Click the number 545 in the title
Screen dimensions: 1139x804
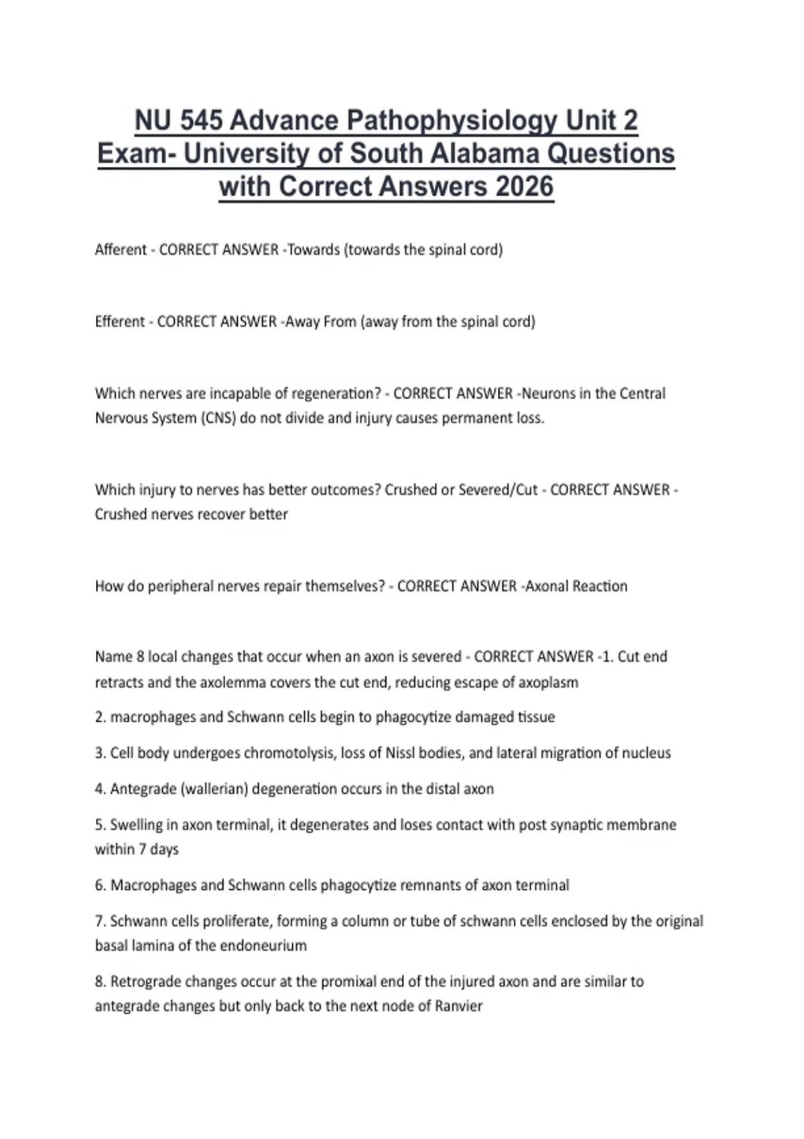201,121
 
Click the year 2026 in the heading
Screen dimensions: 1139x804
525,186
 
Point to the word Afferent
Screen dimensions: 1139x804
121,250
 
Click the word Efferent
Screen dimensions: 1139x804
120,322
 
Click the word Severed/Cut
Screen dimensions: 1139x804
498,490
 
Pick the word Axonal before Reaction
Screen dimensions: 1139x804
549,586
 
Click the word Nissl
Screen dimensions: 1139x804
399,753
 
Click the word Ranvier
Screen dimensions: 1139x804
458,1006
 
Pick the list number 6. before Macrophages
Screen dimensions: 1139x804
100,886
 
